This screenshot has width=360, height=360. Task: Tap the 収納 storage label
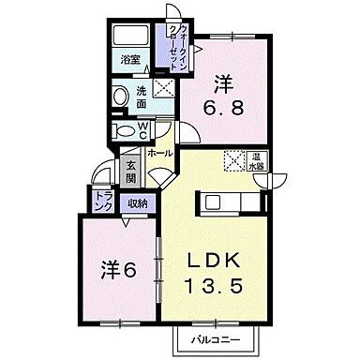pos(137,199)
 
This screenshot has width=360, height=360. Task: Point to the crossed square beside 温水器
pos(233,159)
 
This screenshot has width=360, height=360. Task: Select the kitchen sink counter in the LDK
pos(225,202)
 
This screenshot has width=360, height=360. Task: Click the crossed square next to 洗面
pos(164,91)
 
